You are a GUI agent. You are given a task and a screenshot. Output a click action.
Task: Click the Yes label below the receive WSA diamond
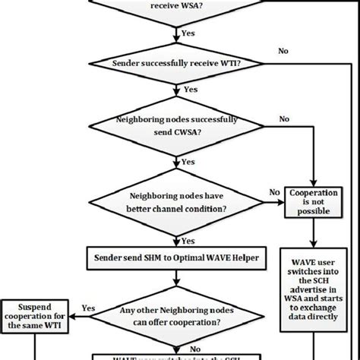click(188, 33)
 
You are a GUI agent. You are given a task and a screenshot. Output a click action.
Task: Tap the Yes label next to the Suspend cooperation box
click(88, 308)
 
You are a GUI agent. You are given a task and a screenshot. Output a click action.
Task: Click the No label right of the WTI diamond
click(283, 52)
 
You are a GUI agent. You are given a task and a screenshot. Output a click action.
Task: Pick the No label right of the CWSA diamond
click(283, 119)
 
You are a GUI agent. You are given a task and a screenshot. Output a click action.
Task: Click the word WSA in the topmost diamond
click(192, 5)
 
